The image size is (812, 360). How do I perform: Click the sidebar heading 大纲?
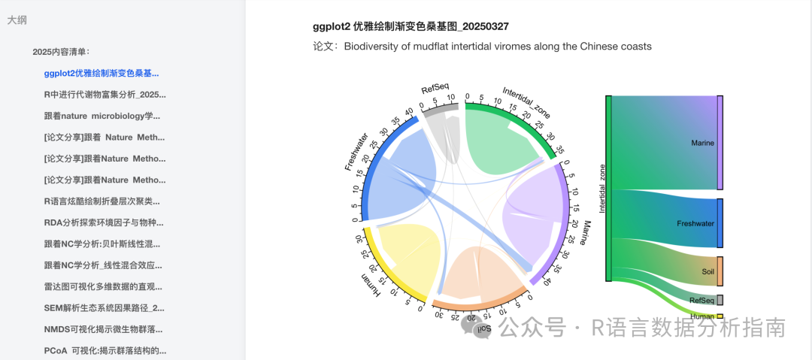(x=17, y=21)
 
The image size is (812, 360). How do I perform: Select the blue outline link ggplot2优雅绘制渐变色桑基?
(x=101, y=74)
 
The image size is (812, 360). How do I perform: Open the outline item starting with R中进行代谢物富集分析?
(x=105, y=95)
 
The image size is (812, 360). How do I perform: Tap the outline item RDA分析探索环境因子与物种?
(x=104, y=222)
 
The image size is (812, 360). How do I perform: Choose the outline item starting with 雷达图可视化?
(x=104, y=286)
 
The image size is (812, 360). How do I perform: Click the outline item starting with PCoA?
(x=105, y=350)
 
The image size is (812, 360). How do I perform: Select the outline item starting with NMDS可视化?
(x=104, y=329)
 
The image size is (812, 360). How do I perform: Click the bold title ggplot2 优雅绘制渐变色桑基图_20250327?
(x=411, y=26)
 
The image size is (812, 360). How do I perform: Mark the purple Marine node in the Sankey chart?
(x=720, y=143)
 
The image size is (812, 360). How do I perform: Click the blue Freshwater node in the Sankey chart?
(x=720, y=223)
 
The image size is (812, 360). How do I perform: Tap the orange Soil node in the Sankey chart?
(x=720, y=271)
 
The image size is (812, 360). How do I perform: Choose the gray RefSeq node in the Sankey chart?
(x=720, y=300)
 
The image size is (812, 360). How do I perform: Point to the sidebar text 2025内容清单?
(x=61, y=52)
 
